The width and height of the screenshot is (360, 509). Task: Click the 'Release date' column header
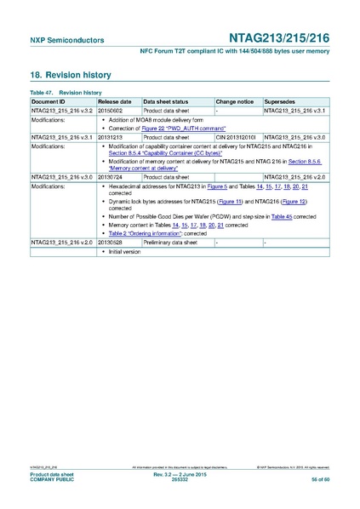(114, 100)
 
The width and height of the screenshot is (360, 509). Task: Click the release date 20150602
(111, 110)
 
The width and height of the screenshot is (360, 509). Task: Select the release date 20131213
(111, 135)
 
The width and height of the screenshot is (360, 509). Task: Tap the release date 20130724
(111, 175)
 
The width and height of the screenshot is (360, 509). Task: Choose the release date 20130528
(111, 243)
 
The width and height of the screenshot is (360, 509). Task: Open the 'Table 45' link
(282, 216)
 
